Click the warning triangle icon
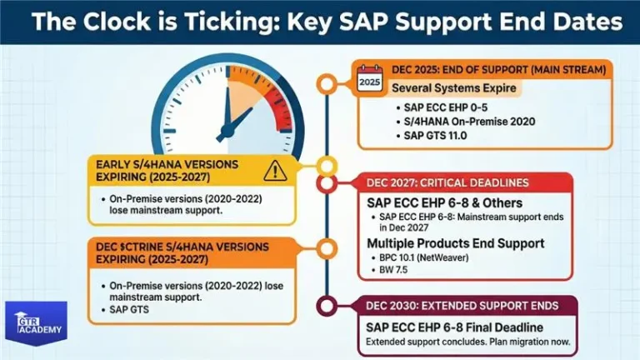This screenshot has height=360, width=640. point(273,172)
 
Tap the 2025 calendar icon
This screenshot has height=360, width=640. point(369,82)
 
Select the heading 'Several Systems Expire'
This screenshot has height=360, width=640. point(454,88)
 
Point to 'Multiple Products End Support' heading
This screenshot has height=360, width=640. point(456,242)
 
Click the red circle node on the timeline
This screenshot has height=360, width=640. point(327,183)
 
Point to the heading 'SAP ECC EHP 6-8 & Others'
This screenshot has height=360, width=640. point(446,202)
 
